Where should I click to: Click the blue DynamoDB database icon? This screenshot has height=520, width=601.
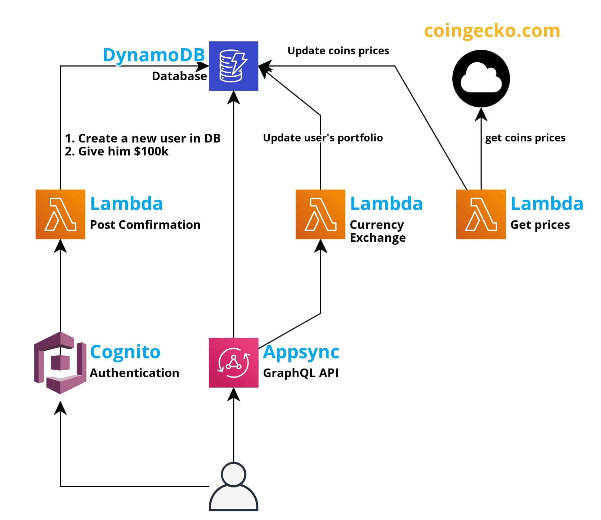(x=233, y=66)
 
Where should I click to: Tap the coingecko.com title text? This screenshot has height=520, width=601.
(x=492, y=31)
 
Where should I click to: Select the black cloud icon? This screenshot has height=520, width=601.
(x=481, y=78)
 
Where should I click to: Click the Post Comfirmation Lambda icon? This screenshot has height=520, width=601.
(x=60, y=214)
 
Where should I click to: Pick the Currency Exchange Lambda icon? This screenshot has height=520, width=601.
(x=320, y=214)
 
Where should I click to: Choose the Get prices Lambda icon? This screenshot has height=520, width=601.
(x=481, y=214)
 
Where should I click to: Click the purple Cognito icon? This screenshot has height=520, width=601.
(x=60, y=362)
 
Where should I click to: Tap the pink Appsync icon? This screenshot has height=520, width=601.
(x=233, y=362)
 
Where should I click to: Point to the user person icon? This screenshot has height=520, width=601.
(x=233, y=488)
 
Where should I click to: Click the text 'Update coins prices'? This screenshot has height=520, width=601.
(x=338, y=51)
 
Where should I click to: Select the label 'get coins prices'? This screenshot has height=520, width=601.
(x=525, y=138)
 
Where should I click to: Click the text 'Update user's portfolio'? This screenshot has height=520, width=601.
(x=323, y=138)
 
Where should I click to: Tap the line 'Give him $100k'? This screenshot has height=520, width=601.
(x=117, y=152)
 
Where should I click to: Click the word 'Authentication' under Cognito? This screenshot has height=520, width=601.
(x=134, y=373)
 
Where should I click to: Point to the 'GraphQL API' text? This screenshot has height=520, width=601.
(x=301, y=373)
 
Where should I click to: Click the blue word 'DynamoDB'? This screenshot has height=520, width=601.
(x=154, y=55)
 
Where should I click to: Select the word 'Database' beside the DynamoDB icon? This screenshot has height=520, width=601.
(x=179, y=76)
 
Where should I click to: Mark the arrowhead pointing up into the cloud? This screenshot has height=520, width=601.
(x=481, y=114)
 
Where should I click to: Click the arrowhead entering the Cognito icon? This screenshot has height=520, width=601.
(x=60, y=408)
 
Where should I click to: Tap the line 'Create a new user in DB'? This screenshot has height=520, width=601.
(x=143, y=138)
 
